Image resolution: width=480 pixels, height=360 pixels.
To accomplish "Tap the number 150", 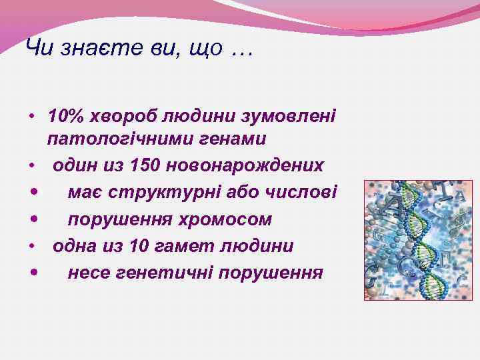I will [147, 165].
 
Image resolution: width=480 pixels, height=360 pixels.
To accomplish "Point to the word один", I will [75, 165].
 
